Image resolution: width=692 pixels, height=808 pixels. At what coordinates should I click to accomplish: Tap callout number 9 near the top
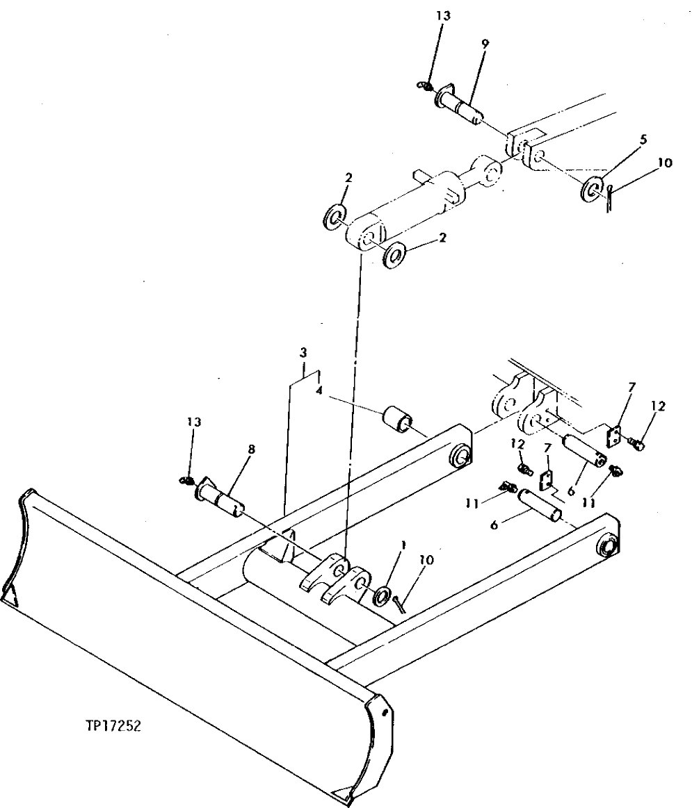[485, 43]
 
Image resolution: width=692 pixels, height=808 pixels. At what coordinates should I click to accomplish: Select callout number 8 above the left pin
[251, 450]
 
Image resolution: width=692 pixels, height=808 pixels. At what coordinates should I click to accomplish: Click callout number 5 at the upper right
[643, 140]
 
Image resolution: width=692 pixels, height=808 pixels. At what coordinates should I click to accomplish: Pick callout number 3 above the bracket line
[303, 353]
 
